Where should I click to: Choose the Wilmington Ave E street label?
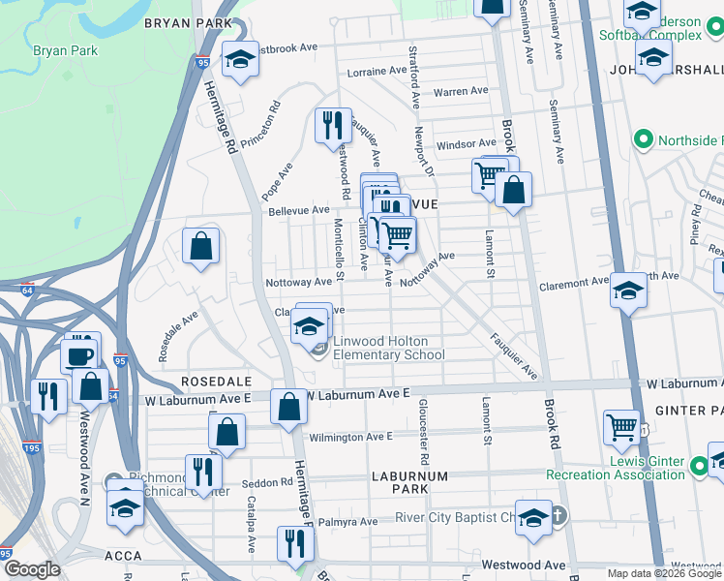tap(350, 437)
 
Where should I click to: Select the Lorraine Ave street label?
tap(377, 71)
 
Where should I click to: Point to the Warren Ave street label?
tap(461, 92)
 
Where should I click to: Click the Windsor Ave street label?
tap(466, 144)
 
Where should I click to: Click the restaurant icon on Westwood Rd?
tap(332, 126)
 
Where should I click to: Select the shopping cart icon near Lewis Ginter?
tap(621, 427)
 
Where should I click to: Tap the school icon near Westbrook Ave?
tap(240, 60)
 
